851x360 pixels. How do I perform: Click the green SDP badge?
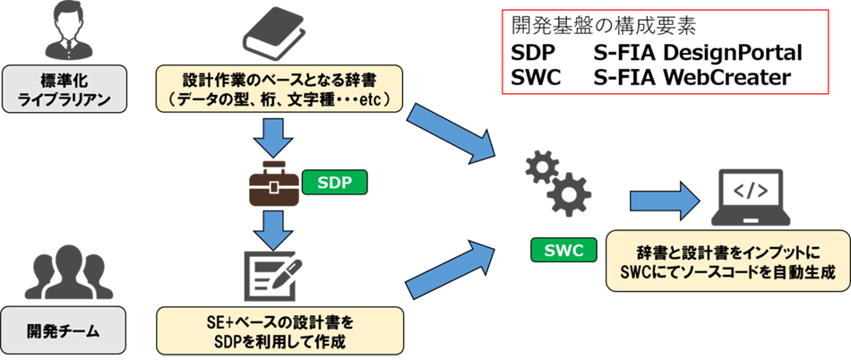click(335, 183)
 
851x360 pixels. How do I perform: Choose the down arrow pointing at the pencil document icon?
click(271, 229)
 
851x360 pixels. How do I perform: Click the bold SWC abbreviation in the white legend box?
click(536, 78)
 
